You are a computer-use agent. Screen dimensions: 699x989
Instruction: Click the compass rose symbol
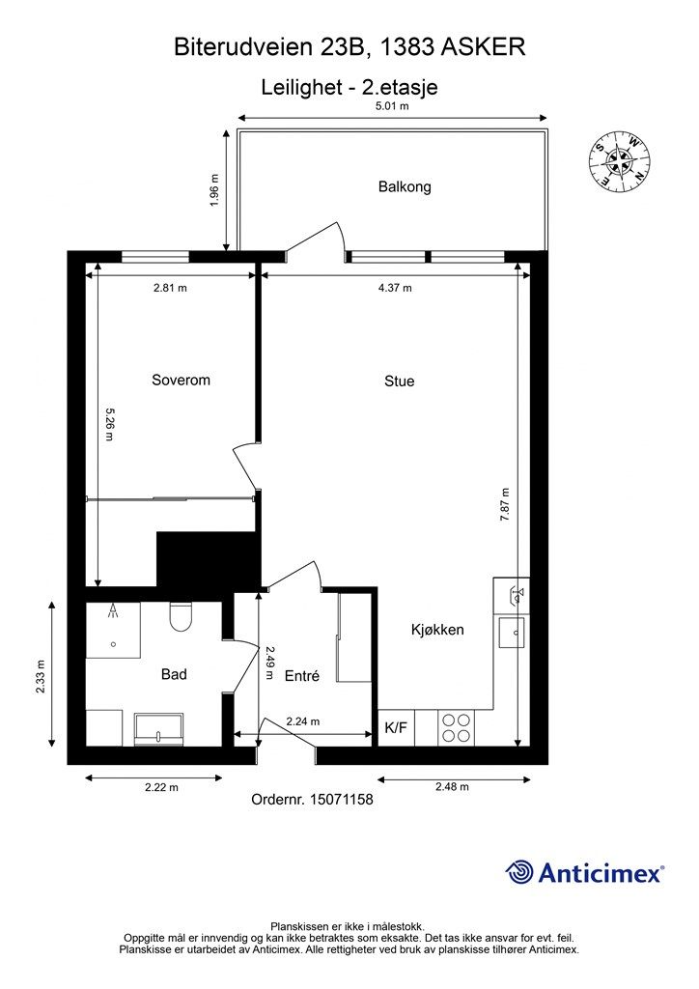pyautogui.click(x=620, y=161)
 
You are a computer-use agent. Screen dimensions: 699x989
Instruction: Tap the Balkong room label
pyautogui.click(x=405, y=186)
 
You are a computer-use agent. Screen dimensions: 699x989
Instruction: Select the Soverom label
pyautogui.click(x=181, y=380)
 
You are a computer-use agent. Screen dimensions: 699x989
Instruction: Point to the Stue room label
pyautogui.click(x=400, y=381)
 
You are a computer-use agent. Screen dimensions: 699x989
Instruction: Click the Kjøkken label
pyautogui.click(x=437, y=630)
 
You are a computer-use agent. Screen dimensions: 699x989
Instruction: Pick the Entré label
pyautogui.click(x=302, y=675)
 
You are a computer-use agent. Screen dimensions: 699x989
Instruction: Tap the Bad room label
pyautogui.click(x=174, y=674)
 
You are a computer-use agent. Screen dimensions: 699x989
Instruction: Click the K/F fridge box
pyautogui.click(x=396, y=728)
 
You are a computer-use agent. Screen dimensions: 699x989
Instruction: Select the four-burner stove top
pyautogui.click(x=457, y=728)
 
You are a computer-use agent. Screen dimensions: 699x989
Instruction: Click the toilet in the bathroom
pyautogui.click(x=181, y=616)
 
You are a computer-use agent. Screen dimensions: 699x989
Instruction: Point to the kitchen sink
pyautogui.click(x=511, y=633)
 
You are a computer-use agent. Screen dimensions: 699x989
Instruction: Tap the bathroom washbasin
pyautogui.click(x=159, y=730)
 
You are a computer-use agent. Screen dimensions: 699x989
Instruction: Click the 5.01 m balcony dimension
pyautogui.click(x=392, y=106)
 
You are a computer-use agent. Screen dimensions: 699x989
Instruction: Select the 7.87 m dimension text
pyautogui.click(x=505, y=504)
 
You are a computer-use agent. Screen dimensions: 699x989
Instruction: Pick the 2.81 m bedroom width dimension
pyautogui.click(x=170, y=288)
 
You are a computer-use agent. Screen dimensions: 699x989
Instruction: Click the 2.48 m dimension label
pyautogui.click(x=452, y=786)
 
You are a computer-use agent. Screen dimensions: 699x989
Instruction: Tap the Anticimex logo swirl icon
pyautogui.click(x=519, y=872)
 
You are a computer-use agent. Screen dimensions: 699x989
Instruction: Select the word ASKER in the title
pyautogui.click(x=483, y=47)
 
